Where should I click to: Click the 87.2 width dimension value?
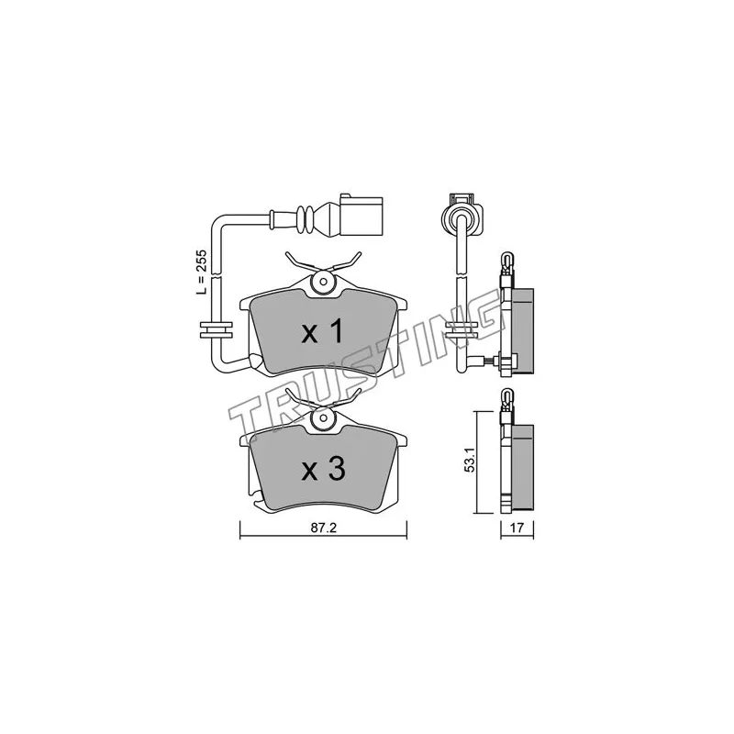point(324,528)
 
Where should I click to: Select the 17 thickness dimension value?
point(517,528)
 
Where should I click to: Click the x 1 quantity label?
point(323,332)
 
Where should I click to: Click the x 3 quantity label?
point(324,469)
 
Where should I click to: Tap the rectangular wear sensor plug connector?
point(361,216)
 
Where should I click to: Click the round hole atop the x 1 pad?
point(323,283)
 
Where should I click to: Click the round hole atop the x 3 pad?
point(323,419)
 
